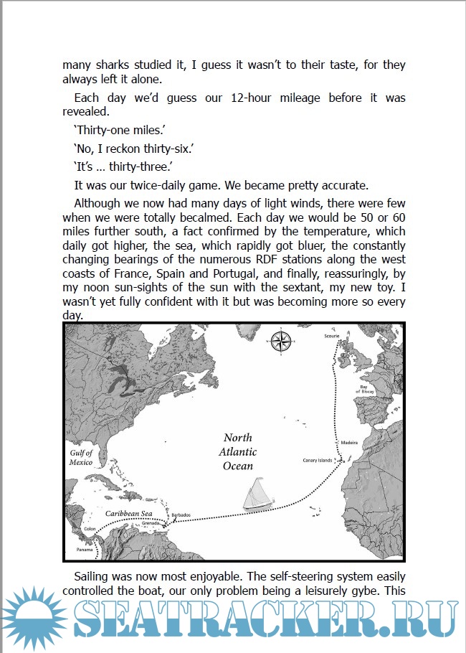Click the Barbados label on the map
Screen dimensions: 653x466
180,515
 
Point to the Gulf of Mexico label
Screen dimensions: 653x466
81,458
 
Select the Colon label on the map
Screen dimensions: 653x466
90,529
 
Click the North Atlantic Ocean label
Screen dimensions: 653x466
237,451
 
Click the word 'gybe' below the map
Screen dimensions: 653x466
362,591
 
